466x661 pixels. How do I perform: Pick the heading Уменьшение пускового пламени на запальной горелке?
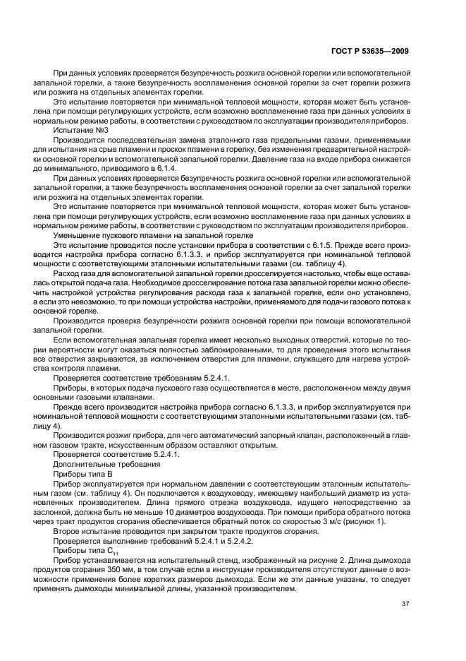point(144,234)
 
